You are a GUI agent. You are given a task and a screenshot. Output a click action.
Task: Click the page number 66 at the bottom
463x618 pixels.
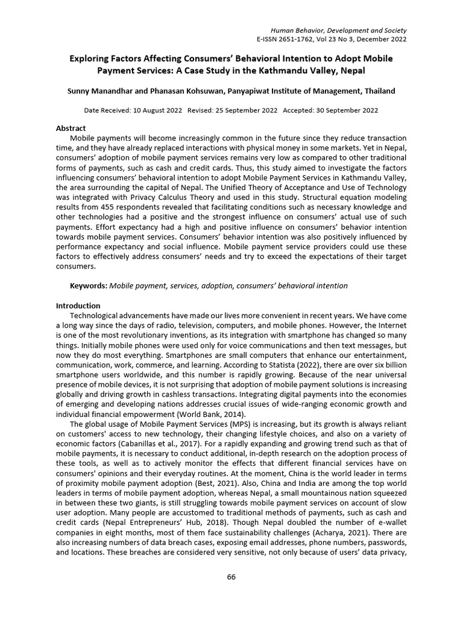(x=231, y=577)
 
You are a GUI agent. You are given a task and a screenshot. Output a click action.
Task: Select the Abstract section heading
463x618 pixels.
(x=71, y=129)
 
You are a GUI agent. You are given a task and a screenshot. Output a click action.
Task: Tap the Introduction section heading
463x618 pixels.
(x=78, y=306)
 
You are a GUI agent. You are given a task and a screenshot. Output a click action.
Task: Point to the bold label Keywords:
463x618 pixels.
(x=89, y=285)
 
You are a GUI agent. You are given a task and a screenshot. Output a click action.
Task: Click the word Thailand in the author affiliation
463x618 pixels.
(x=377, y=91)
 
